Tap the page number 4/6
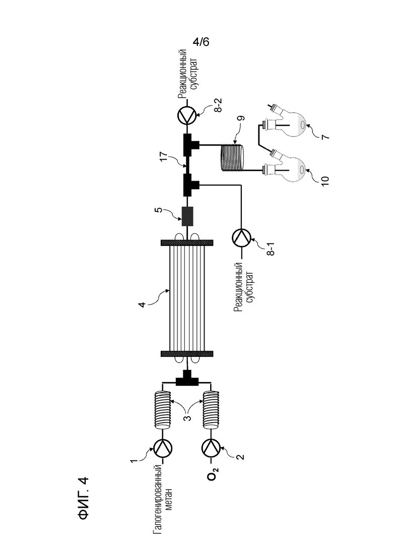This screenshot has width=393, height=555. pyautogui.click(x=201, y=42)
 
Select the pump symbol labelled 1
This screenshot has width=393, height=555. pyautogui.click(x=162, y=448)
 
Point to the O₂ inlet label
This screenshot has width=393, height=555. pyautogui.click(x=213, y=474)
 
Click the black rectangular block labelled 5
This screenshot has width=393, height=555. pyautogui.click(x=187, y=216)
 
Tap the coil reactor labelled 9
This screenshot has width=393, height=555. pyautogui.click(x=232, y=157)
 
